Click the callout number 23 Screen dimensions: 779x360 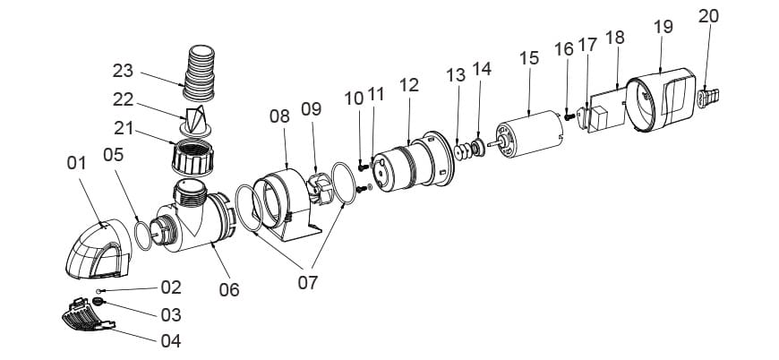[123, 71]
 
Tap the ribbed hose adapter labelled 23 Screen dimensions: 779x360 [200, 73]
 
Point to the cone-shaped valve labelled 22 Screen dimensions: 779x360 [196, 122]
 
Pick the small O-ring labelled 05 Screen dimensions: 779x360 [143, 236]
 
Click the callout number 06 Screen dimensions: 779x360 [229, 289]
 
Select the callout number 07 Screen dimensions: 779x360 [307, 283]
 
